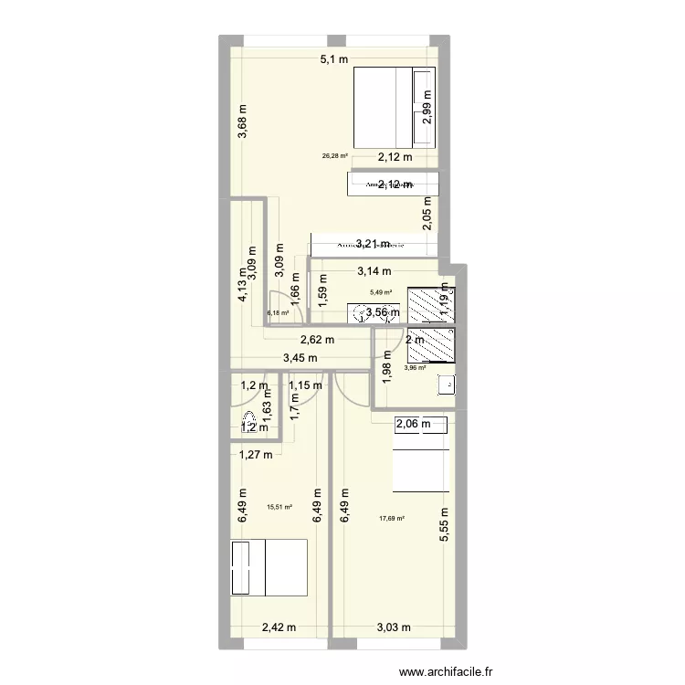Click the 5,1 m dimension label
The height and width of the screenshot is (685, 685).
coord(332,61)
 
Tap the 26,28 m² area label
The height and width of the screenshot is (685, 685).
coord(335,155)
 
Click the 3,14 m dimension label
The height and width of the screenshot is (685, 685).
coord(374,270)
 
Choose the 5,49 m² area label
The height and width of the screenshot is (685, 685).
coord(380,293)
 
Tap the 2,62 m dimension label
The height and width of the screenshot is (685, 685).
coord(317,340)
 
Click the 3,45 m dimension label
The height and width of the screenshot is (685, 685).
coord(300,358)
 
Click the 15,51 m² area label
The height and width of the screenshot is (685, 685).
coord(279,508)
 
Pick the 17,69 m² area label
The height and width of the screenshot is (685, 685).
coord(392,520)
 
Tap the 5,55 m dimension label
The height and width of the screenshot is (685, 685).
coord(445,525)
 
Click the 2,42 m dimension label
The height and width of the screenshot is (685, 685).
coord(279,627)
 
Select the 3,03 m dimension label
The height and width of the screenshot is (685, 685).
coord(395,627)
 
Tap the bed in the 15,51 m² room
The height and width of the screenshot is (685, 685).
coord(269,565)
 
